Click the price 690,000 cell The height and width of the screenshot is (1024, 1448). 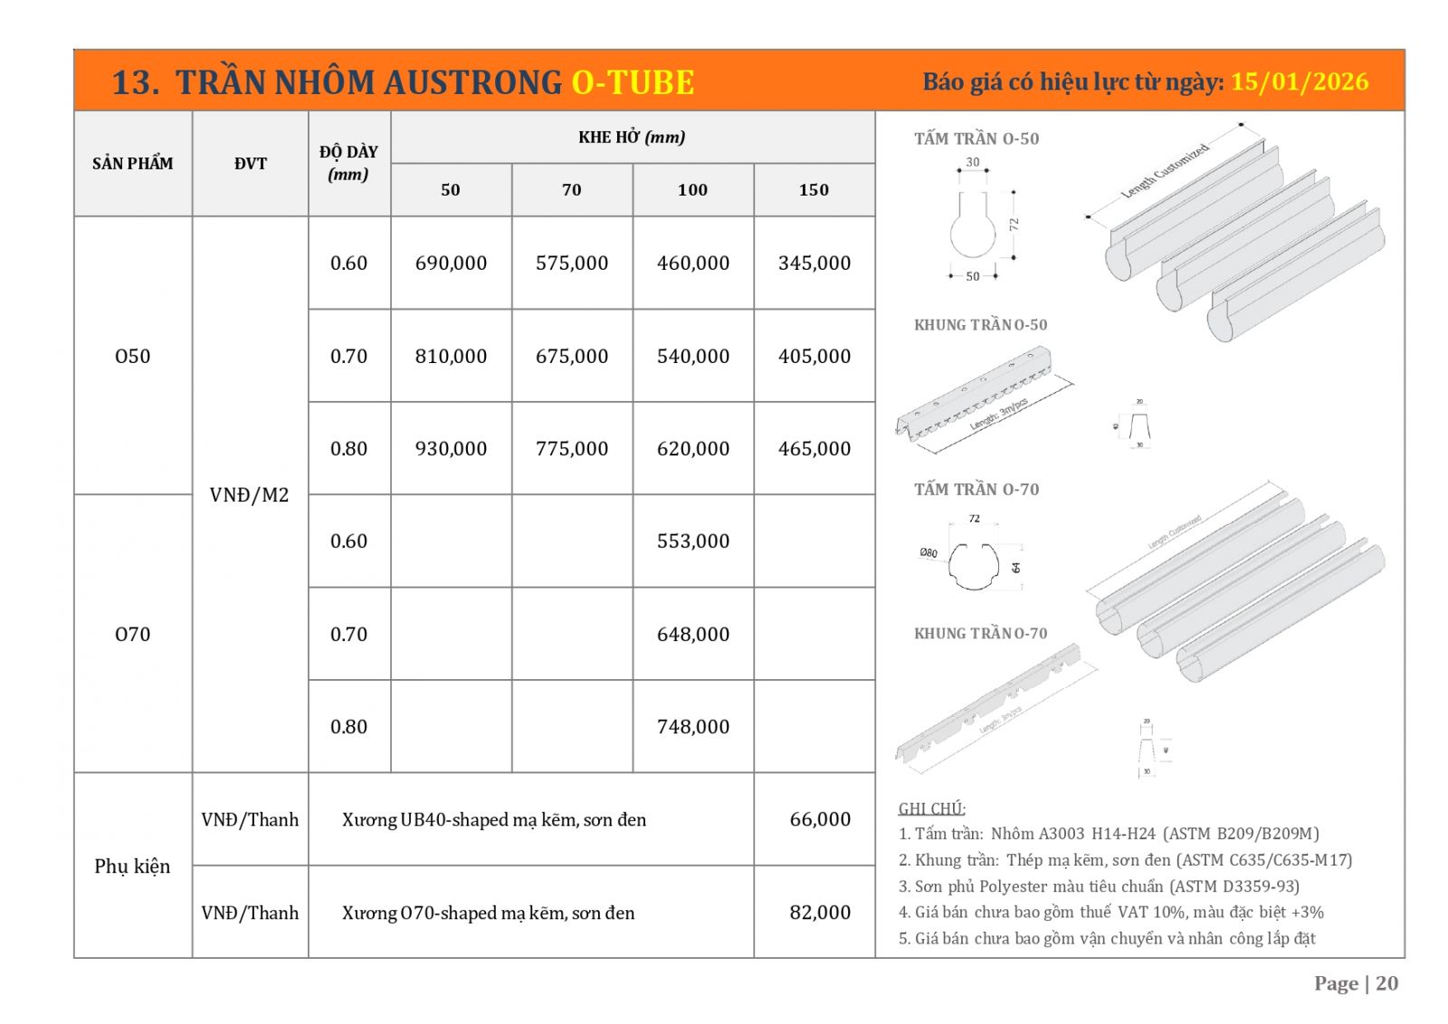coord(451,263)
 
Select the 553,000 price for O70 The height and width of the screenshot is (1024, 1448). coord(692,541)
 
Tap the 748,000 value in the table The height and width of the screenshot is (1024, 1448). coord(692,727)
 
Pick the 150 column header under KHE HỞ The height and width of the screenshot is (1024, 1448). coord(814,190)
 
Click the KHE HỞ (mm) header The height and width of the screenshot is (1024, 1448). coord(632,138)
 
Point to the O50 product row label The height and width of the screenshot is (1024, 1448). coord(132,356)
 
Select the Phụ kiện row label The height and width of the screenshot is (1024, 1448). coord(132,866)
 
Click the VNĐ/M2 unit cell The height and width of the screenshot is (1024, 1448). coord(249,495)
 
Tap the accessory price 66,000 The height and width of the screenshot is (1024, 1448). coord(820,819)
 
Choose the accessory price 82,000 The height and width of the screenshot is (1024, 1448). coord(820,913)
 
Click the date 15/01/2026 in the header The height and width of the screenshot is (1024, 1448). coord(1300,82)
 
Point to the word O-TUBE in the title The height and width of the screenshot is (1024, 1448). coord(633,82)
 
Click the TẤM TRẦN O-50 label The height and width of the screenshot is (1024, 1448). coord(976,139)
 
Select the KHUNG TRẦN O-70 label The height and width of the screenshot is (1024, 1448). coord(980,634)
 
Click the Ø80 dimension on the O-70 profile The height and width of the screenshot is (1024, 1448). coord(929,552)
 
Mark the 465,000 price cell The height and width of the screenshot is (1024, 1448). coord(814,449)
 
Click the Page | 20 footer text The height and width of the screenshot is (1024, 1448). coord(1356,983)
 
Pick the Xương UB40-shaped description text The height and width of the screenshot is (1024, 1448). coord(494,820)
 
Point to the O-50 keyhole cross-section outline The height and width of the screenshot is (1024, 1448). coord(972,226)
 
